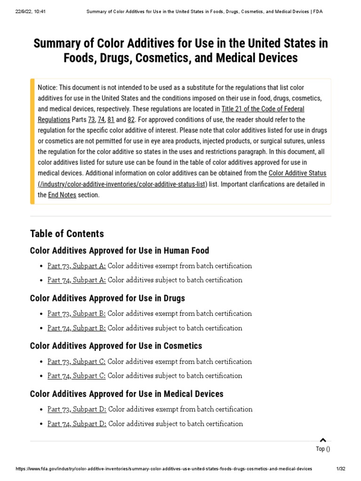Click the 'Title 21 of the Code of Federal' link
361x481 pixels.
coord(263,109)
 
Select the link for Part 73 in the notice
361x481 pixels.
coord(91,120)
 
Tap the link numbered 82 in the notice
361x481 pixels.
coord(131,120)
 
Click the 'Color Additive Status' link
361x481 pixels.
coord(297,173)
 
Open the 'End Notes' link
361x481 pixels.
coord(62,195)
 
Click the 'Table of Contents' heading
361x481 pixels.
coord(67,233)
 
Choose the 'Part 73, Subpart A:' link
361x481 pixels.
coord(77,266)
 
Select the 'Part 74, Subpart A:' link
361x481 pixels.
coord(77,280)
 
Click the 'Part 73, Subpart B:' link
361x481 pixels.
coord(77,313)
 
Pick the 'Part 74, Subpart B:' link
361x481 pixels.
coord(77,328)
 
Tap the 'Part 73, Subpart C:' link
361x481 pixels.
coord(77,362)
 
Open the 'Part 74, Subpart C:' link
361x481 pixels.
coord(77,376)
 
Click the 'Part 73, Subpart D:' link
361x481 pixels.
coord(77,409)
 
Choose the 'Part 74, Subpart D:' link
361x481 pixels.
coord(77,424)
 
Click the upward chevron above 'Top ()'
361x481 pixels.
coord(322,440)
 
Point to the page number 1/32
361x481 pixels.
coord(341,469)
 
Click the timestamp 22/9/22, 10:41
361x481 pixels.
coord(29,11)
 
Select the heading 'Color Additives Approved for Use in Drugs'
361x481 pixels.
coord(107,298)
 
